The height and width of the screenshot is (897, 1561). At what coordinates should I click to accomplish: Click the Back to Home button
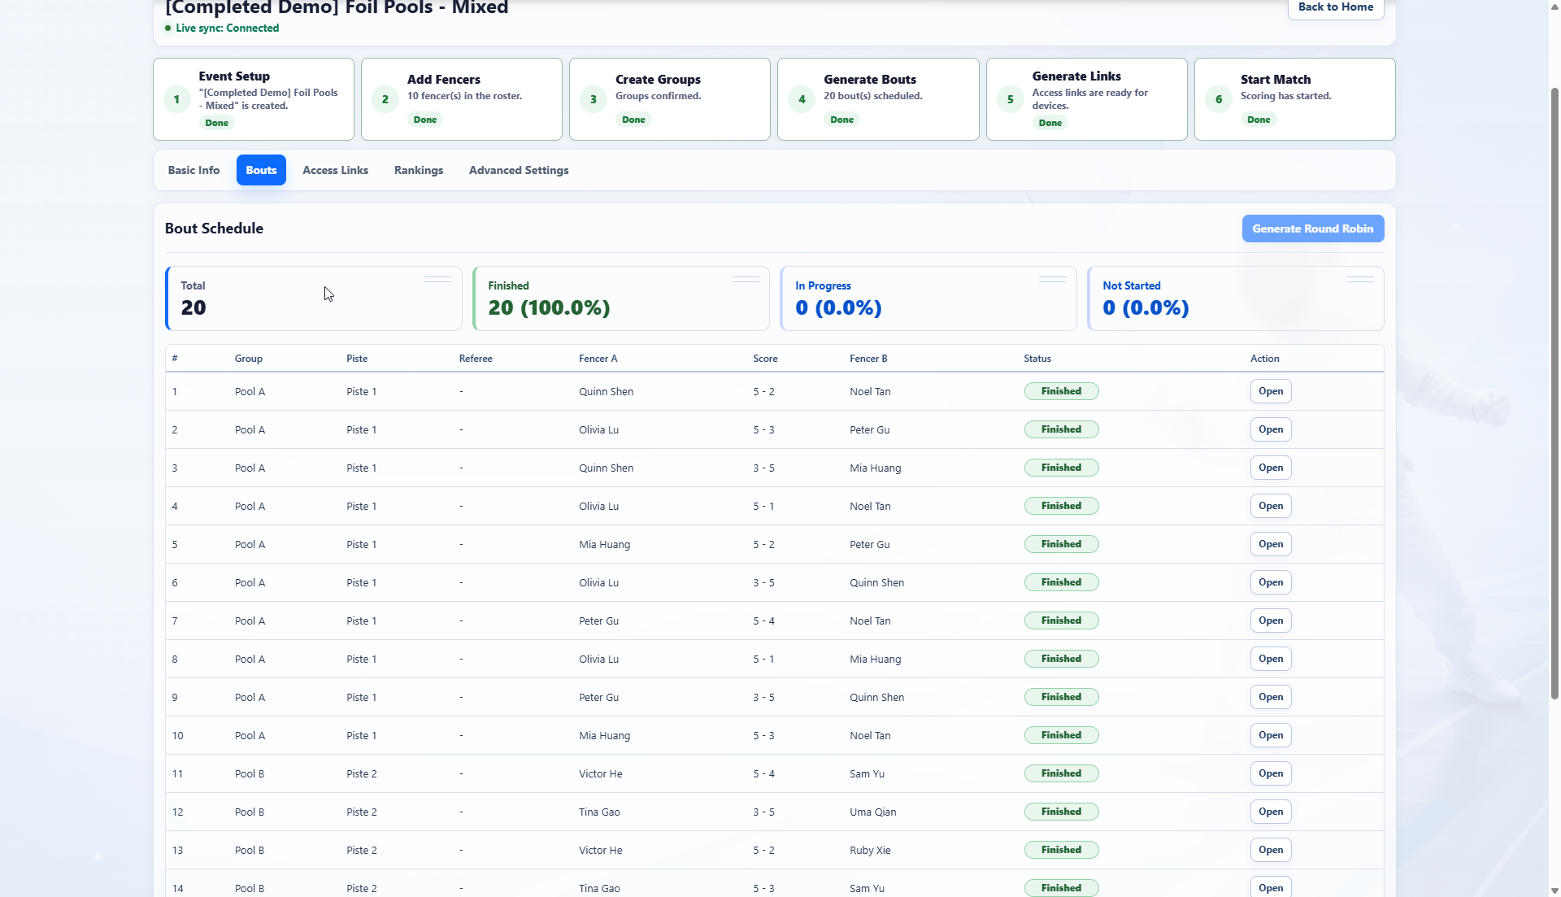[1335, 7]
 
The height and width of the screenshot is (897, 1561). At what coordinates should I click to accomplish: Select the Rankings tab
[419, 170]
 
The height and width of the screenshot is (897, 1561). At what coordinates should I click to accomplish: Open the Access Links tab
[335, 170]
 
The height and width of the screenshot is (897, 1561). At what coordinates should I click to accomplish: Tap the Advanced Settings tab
[519, 170]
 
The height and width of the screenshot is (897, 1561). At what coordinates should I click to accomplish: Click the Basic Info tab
[193, 170]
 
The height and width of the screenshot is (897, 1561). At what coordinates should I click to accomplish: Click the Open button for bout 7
[1271, 620]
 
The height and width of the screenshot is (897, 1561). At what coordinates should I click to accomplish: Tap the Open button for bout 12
[1271, 812]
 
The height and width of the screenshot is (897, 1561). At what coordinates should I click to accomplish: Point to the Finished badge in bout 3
[1061, 468]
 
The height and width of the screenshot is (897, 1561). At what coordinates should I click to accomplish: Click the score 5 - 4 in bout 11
[763, 773]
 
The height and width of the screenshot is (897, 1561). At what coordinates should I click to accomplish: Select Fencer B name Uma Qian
[873, 812]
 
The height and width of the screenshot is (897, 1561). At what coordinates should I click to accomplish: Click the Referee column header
[476, 359]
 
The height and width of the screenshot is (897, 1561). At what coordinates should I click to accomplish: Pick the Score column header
[765, 359]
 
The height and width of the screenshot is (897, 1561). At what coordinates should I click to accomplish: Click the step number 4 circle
[802, 99]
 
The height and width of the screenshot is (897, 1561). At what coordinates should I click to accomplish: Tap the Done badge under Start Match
[1259, 120]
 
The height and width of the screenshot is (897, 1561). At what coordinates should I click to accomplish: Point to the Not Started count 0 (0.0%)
[1146, 307]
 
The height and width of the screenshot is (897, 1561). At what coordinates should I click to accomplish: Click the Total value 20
[193, 307]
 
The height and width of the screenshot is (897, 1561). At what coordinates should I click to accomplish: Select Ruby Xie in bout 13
[870, 850]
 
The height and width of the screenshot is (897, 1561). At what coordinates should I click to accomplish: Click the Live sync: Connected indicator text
[227, 28]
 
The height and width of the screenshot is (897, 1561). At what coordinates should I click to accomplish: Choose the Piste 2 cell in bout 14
[362, 888]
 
